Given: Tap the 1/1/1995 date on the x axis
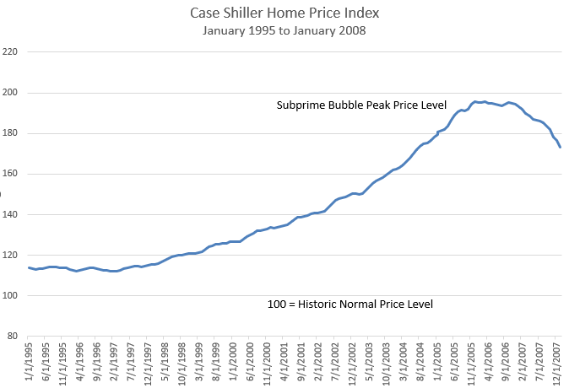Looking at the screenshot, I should coord(30,361).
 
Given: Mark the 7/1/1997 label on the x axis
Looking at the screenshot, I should coord(132,361).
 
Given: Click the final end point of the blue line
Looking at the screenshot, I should coord(561,147).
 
